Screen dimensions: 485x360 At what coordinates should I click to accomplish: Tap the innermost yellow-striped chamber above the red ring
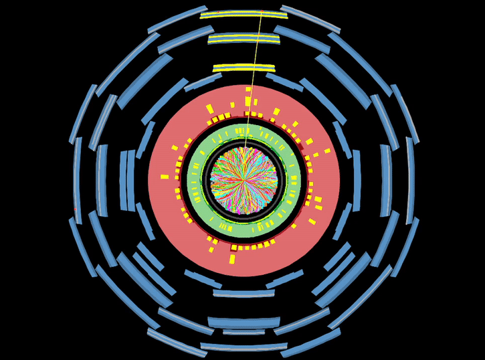coord(244,68)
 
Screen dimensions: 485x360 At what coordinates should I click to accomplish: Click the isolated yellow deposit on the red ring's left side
coord(165,177)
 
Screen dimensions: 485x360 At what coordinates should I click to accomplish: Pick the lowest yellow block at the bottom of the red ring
coord(233,259)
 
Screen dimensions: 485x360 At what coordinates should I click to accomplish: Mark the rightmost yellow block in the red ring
coord(328,151)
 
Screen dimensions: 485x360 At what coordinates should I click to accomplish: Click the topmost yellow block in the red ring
coord(248,89)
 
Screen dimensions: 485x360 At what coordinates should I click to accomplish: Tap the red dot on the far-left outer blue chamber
coord(76,209)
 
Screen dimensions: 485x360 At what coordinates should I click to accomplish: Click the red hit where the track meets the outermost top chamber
coord(262,12)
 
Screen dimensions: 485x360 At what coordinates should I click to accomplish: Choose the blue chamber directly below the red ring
coord(244,293)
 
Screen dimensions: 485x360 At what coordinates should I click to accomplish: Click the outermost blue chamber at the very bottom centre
coord(244,347)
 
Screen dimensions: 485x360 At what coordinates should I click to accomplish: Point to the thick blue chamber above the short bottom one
coord(244,322)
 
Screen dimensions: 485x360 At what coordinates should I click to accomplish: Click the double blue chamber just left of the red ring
coord(127,179)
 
